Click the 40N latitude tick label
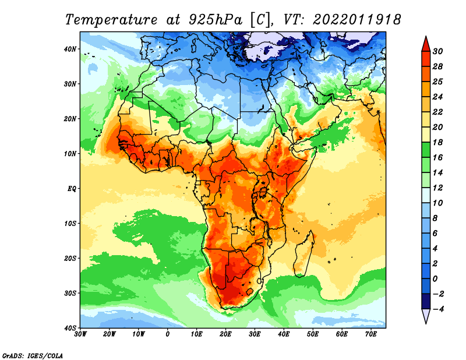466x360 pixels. pyautogui.click(x=70, y=49)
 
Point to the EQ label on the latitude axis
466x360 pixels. pyautogui.click(x=72, y=189)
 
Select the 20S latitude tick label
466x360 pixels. pyautogui.click(x=70, y=258)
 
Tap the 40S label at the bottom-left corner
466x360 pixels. pyautogui.click(x=70, y=328)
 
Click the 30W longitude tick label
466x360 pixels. pyautogui.click(x=80, y=334)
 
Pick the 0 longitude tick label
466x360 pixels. pyautogui.click(x=168, y=334)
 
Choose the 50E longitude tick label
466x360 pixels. pyautogui.click(x=313, y=334)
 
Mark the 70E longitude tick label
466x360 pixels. pyautogui.click(x=371, y=334)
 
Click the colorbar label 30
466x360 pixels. pyautogui.click(x=437, y=51)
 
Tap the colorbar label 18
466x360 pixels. pyautogui.click(x=437, y=142)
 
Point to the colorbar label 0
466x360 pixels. pyautogui.click(x=435, y=279)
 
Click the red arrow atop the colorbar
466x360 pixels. pyautogui.click(x=426, y=44)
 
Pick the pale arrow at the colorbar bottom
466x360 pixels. pyautogui.click(x=426, y=316)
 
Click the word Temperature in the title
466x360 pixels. pyautogui.click(x=111, y=20)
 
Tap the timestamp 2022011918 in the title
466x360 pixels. pyautogui.click(x=356, y=20)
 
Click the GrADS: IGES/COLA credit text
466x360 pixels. pyautogui.click(x=33, y=355)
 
